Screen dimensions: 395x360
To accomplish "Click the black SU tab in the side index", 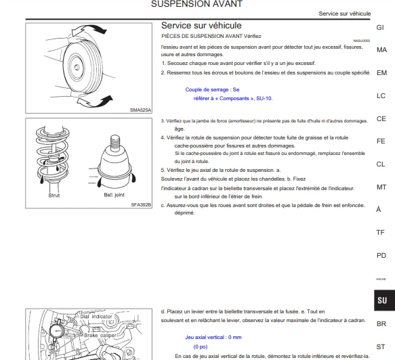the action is pos(384,300).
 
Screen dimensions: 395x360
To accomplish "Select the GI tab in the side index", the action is pos(380,27).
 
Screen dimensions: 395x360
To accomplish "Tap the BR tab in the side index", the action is pos(381,323).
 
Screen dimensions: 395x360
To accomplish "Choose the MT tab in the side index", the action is pos(381,187).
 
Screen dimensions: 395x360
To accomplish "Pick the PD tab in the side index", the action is pos(381,256).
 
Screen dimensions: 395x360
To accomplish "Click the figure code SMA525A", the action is pos(140,110).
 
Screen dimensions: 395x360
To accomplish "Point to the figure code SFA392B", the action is pos(141,205).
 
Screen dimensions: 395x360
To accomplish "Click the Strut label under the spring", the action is pos(54,195).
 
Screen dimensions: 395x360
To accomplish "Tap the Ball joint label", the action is pos(114,195).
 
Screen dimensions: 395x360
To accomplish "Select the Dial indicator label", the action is pos(96,317).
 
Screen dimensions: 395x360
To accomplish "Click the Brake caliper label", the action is pos(100,336).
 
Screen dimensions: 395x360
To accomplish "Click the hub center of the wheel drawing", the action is pos(77,67).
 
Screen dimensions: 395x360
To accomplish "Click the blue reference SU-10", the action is pos(264,98).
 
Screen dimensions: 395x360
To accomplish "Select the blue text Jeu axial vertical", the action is pos(205,337).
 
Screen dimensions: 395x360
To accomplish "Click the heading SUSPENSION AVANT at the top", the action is pos(196,4).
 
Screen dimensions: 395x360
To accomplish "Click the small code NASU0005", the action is pos(362,41).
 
